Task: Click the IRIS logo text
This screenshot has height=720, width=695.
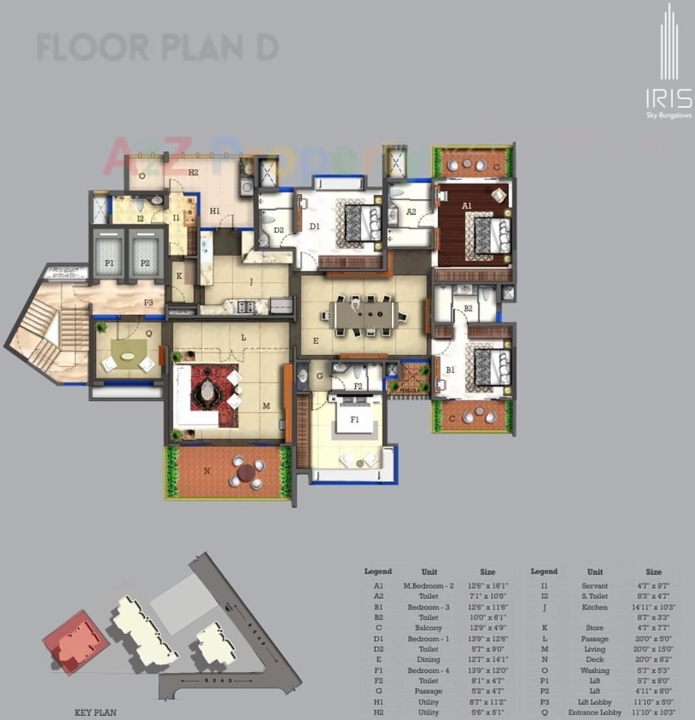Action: click(668, 99)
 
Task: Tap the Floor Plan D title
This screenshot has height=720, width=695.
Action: click(158, 48)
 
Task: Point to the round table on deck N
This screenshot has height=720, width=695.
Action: click(246, 473)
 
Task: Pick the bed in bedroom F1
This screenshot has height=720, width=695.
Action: click(355, 413)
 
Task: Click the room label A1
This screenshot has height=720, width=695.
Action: click(467, 206)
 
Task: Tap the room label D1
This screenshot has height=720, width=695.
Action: click(315, 226)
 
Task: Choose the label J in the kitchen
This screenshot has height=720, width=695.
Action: click(251, 282)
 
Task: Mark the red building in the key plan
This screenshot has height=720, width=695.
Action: click(75, 641)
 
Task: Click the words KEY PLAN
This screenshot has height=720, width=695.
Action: click(96, 712)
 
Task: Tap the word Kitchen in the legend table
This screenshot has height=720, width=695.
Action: click(594, 607)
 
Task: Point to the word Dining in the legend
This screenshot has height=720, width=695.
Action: click(428, 659)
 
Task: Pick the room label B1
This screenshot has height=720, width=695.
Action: click(450, 370)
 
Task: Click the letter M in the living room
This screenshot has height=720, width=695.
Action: click(266, 406)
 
